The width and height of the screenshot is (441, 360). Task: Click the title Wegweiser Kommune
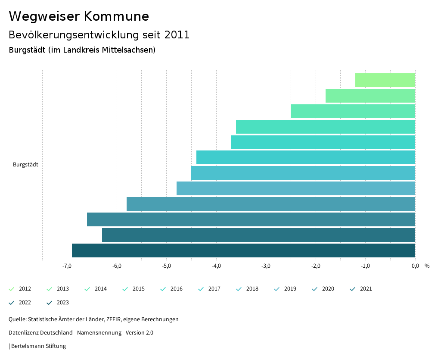(79, 16)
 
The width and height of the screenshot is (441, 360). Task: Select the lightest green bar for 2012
(385, 80)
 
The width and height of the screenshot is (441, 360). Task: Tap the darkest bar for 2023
(243, 250)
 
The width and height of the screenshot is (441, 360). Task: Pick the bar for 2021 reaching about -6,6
(251, 219)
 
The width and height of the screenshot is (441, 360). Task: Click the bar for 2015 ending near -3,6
(325, 127)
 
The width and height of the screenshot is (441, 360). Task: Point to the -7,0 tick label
(67, 266)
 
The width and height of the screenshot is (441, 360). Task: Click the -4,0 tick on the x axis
(216, 266)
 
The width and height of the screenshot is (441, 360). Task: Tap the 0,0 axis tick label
(415, 266)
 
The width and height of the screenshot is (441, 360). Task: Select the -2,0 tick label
(316, 266)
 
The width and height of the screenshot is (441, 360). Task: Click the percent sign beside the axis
(427, 266)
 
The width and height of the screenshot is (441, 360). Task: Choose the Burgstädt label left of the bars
(25, 165)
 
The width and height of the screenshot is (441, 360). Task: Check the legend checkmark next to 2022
(12, 303)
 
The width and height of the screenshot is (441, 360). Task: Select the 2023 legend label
(62, 303)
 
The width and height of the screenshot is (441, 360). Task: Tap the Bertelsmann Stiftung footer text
(38, 346)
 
